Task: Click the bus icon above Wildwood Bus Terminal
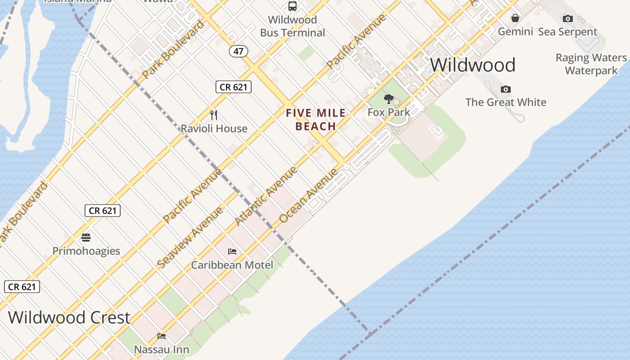click(x=292, y=6)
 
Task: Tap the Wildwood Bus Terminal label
click(x=292, y=26)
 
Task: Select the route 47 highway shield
click(x=238, y=51)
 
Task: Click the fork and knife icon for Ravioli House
click(x=214, y=115)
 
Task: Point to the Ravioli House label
click(x=214, y=129)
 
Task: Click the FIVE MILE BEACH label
click(x=316, y=120)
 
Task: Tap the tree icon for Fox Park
click(x=388, y=99)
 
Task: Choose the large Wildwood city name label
click(x=472, y=65)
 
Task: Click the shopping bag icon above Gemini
click(x=515, y=18)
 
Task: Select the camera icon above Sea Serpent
click(x=568, y=18)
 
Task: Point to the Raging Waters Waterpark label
click(x=591, y=64)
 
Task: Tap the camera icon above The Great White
click(x=506, y=89)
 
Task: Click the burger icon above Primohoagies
click(x=86, y=237)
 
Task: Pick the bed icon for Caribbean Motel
click(x=232, y=251)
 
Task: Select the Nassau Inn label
click(x=162, y=349)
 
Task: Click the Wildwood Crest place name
click(x=69, y=317)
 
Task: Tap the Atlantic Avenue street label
click(x=266, y=196)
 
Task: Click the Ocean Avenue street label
click(x=308, y=196)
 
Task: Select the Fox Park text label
click(x=389, y=112)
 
